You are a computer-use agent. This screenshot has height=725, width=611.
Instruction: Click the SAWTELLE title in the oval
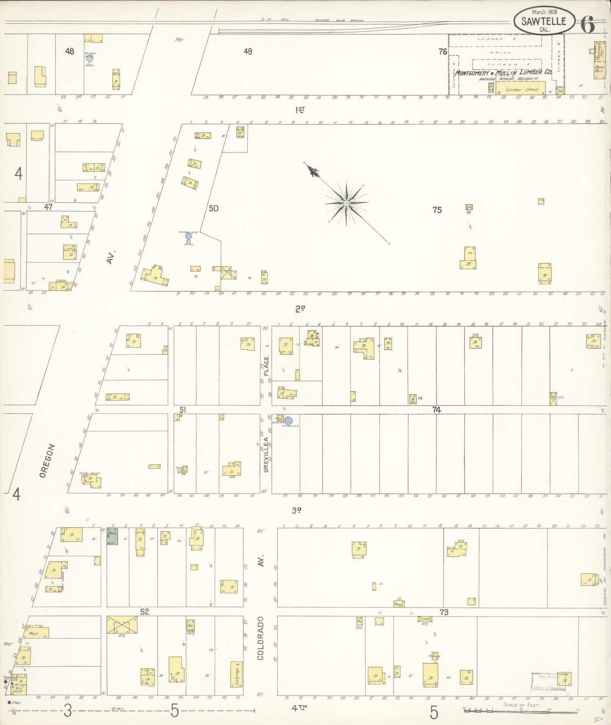(x=543, y=22)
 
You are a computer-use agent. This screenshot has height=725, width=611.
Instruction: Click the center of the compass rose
(x=346, y=204)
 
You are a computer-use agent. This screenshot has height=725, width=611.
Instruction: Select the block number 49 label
(x=248, y=52)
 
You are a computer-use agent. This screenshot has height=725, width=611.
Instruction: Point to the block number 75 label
(x=437, y=210)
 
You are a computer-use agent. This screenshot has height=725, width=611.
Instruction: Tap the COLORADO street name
(x=261, y=638)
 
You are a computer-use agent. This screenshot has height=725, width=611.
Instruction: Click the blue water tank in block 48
(x=89, y=58)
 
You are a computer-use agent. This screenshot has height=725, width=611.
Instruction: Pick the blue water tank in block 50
(x=188, y=236)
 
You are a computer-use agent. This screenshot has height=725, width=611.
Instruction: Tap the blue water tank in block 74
(x=288, y=421)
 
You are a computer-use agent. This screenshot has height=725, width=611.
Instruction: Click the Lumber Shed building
(x=521, y=89)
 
